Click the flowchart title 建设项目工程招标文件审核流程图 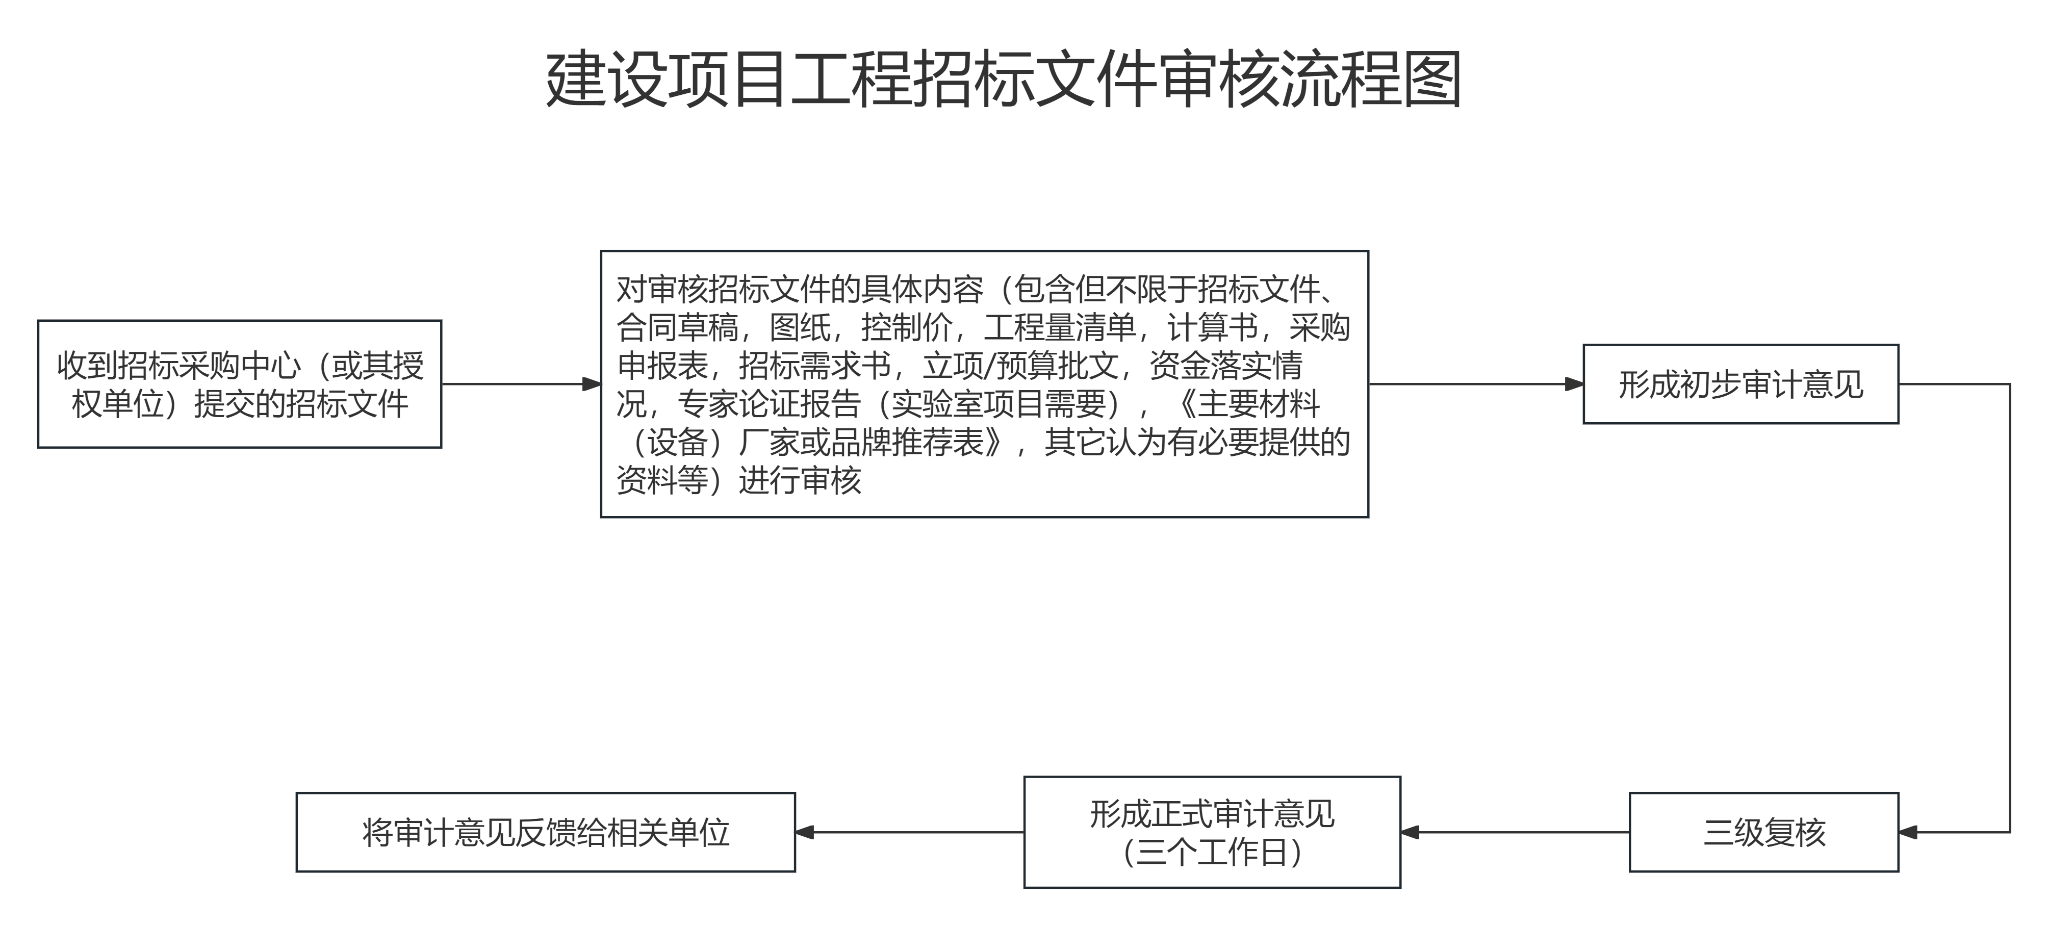pos(1003,80)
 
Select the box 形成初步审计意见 pos(1740,384)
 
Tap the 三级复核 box pos(1763,832)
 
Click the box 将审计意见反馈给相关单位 pos(545,832)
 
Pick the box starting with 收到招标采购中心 pos(239,384)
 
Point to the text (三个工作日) pos(1212,852)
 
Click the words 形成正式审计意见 pos(1212,813)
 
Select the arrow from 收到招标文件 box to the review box pos(521,384)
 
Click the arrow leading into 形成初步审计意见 pos(1476,384)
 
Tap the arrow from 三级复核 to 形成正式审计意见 pos(1515,832)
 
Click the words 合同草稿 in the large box pos(677,327)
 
